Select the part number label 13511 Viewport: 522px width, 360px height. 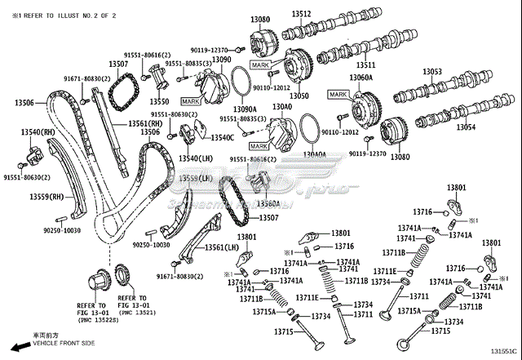click(365, 65)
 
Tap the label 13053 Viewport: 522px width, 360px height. click(432, 72)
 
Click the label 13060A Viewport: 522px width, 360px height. click(361, 78)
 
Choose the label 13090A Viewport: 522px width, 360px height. click(244, 109)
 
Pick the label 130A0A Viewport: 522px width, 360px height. click(315, 153)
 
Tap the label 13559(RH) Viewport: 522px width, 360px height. click(47, 197)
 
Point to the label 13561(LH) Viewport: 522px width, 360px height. click(220, 247)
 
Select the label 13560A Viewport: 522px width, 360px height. click(268, 203)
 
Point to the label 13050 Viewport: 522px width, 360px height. click(299, 96)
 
